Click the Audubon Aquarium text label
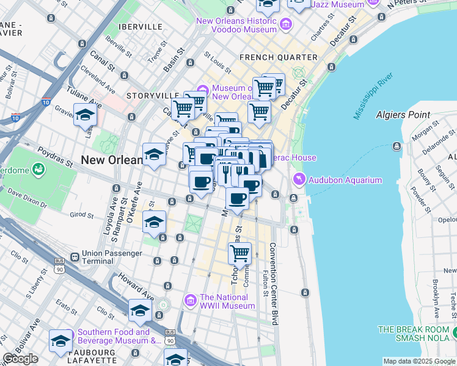346,180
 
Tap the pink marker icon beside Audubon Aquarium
299,180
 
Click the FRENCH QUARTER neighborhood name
279,57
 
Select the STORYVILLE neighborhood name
153,96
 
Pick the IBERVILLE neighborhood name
142,27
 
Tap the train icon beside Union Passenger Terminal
74,257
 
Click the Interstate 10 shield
46,101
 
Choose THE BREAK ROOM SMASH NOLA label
413,333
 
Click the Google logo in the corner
20,359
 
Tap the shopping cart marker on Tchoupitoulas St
241,252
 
